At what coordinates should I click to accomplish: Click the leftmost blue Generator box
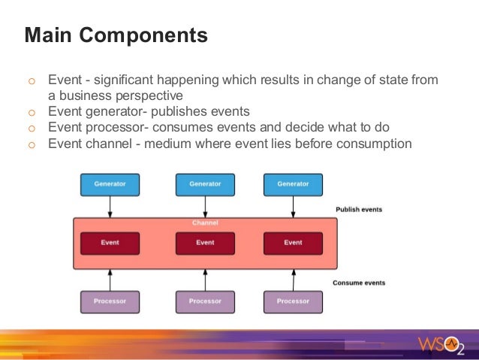pos(110,184)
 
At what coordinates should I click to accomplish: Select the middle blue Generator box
pos(205,184)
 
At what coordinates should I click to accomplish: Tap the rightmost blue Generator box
pos(293,184)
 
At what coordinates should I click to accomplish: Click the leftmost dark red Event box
pos(110,243)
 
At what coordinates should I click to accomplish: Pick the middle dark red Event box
pos(205,243)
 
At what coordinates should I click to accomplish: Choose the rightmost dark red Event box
pos(293,243)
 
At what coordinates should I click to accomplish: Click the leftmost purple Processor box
pos(110,301)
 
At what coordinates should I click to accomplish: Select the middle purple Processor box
pos(205,301)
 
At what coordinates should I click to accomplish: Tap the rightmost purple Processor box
pos(293,301)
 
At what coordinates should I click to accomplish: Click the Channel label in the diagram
pos(204,223)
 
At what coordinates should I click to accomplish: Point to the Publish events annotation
pos(359,210)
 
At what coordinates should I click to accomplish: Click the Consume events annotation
pos(359,283)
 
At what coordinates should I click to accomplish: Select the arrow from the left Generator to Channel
pos(110,206)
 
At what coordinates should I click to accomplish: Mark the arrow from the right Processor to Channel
pos(293,280)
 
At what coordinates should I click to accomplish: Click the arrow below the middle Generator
pos(205,206)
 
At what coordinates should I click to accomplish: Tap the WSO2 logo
pos(441,345)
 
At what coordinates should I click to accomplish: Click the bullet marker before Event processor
pos(31,128)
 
